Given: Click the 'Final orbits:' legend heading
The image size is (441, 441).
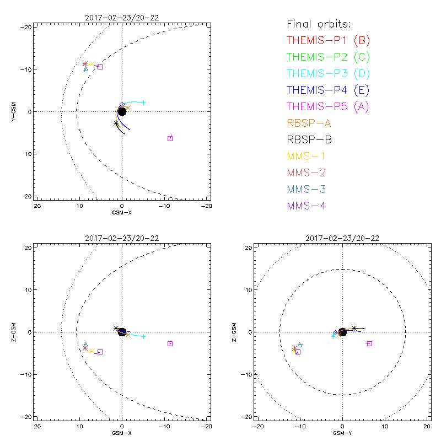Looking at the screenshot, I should (319, 24).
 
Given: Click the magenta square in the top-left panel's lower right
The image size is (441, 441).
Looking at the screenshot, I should (170, 138).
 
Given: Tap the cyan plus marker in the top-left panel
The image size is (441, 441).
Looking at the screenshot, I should (144, 103).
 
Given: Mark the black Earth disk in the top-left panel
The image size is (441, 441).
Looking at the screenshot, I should (122, 111).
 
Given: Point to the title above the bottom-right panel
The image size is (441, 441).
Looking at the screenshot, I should (342, 238).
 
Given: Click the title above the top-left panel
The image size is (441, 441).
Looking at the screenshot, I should (122, 18).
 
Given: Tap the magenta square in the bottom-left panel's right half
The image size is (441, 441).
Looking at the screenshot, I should (170, 343).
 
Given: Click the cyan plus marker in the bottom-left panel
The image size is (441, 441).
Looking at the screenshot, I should (144, 336).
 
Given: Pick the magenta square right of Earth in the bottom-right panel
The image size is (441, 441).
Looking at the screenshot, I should (369, 343).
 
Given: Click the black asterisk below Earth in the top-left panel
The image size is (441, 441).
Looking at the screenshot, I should (116, 123).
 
